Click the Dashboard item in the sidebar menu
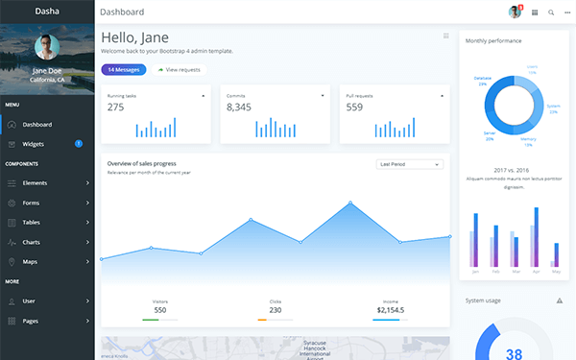click(37, 124)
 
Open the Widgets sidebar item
click(34, 144)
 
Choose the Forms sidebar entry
click(32, 203)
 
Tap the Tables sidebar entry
click(33, 223)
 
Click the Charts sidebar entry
click(32, 242)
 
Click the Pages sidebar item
click(31, 321)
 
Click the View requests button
click(179, 70)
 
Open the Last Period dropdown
click(410, 164)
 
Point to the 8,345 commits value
click(239, 108)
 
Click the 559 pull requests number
click(355, 108)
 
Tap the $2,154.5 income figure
click(390, 310)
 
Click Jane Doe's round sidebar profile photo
click(47, 48)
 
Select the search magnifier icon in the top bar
click(551, 12)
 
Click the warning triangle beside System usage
click(560, 300)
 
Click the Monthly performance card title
click(493, 40)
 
